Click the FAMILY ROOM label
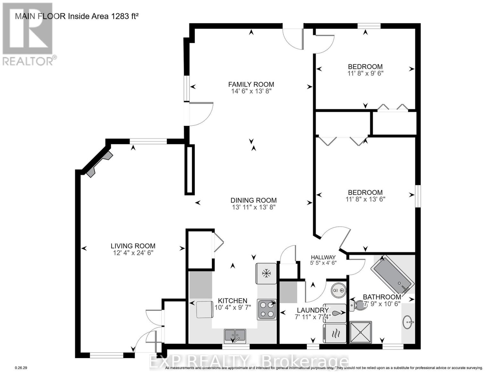point(251,84)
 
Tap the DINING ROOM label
point(253,200)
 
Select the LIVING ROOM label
point(133,246)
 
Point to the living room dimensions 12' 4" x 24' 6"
point(133,253)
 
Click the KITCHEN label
point(232,301)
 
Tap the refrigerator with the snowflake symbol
point(266,273)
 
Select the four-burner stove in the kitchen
point(266,309)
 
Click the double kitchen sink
point(235,335)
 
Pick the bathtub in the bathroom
point(392,275)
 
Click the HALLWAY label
point(323,257)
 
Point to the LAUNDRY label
point(312,310)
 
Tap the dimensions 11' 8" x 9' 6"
point(365,73)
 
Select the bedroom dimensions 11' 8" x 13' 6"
point(365,199)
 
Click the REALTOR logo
point(28,34)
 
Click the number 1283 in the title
point(120,16)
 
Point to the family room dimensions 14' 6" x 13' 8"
point(251,91)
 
